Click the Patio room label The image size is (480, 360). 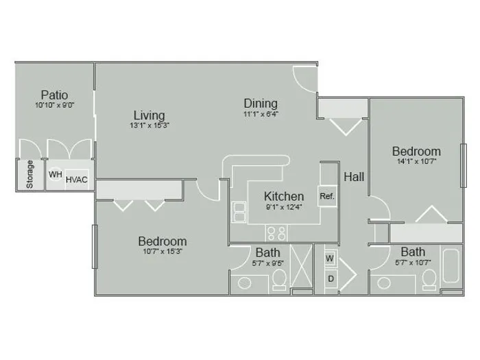(54, 95)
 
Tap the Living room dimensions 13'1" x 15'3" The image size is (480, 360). (149, 125)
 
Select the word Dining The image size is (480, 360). (261, 104)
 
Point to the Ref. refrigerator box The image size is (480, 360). (327, 196)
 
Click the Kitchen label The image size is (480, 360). (284, 196)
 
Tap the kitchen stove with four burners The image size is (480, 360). (277, 233)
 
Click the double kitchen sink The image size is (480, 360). (239, 212)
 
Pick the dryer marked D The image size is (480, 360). (331, 279)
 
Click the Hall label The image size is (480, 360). (354, 177)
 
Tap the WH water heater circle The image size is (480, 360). (56, 174)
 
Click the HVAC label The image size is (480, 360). (77, 180)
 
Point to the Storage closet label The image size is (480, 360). (29, 174)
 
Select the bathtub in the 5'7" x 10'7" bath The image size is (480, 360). (451, 266)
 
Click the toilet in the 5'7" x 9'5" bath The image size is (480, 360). (279, 280)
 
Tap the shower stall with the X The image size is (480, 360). (301, 266)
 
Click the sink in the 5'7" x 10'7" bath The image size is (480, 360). (384, 283)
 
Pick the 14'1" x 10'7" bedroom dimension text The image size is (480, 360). (417, 161)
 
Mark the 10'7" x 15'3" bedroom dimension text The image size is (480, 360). (163, 252)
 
